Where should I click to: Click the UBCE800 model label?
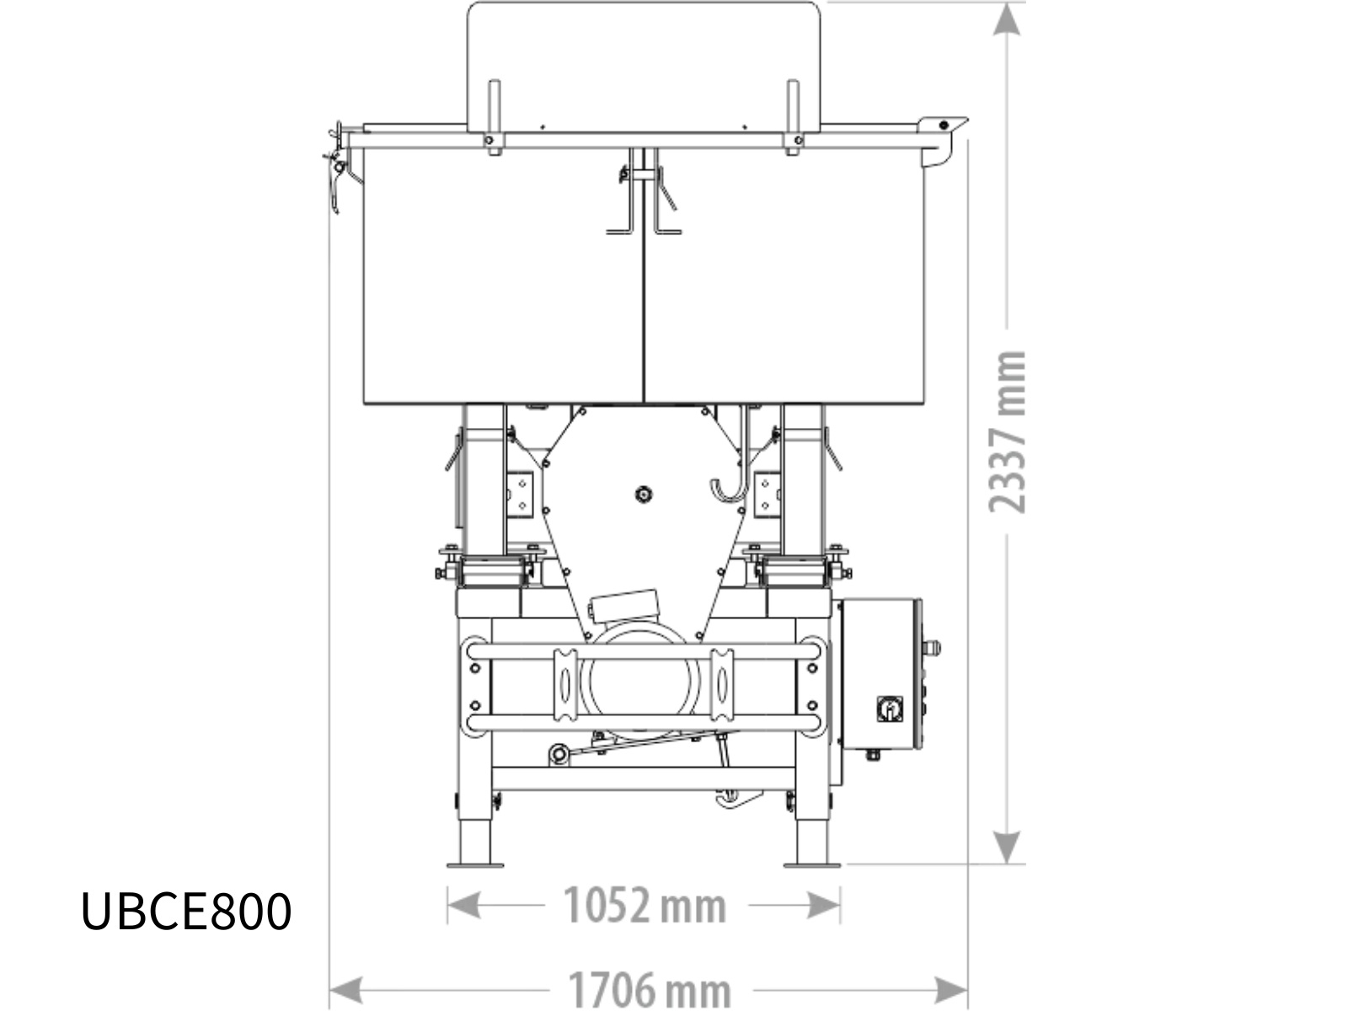tap(186, 912)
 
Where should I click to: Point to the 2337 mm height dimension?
tap(1007, 431)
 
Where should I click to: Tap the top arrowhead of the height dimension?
tap(1007, 19)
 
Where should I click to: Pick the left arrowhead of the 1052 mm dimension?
tap(464, 906)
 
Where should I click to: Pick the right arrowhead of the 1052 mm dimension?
tap(823, 906)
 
